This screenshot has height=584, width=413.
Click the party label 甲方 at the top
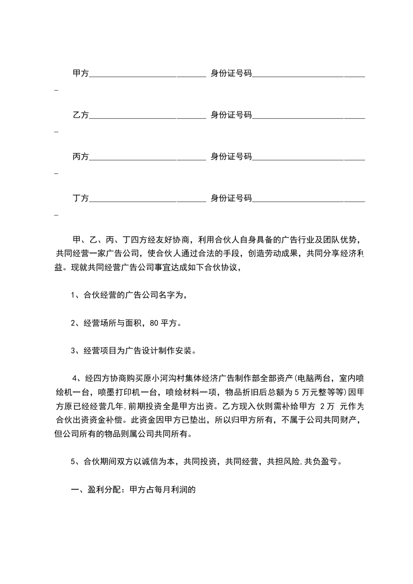(81, 74)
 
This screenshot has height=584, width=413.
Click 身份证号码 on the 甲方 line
(231, 74)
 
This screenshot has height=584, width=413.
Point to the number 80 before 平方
(154, 323)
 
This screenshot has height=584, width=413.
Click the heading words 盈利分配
(103, 489)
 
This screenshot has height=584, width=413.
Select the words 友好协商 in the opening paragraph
(172, 240)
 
